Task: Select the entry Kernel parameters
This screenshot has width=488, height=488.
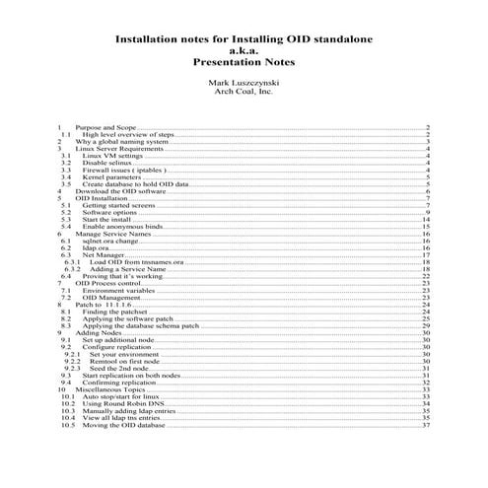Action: click(x=112, y=176)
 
